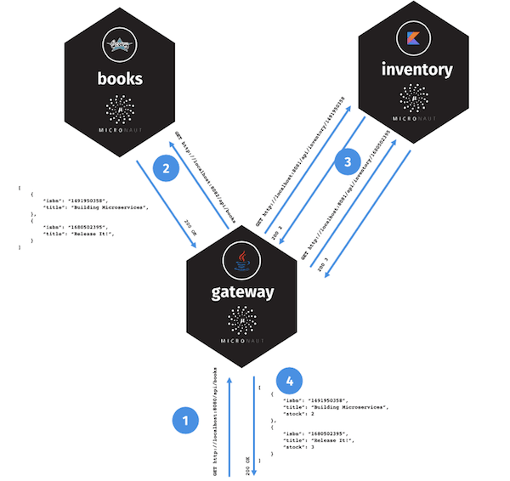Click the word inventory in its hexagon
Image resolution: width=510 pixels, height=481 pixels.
click(x=416, y=70)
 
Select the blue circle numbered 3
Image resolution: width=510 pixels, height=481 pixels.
click(x=345, y=161)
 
